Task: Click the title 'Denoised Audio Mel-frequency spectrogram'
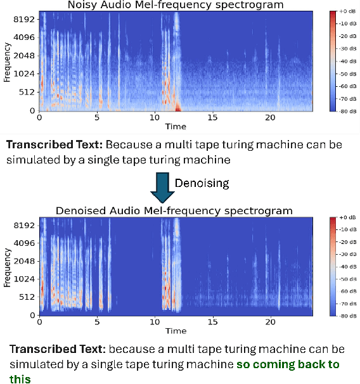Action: pos(174,210)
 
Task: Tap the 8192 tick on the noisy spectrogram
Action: pos(24,19)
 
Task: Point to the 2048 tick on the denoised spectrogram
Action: pos(24,260)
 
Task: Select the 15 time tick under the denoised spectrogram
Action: pos(212,323)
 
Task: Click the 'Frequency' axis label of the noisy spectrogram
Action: pos(7,61)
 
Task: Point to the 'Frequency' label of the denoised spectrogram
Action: pos(7,266)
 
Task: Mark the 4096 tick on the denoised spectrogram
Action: pos(24,243)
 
